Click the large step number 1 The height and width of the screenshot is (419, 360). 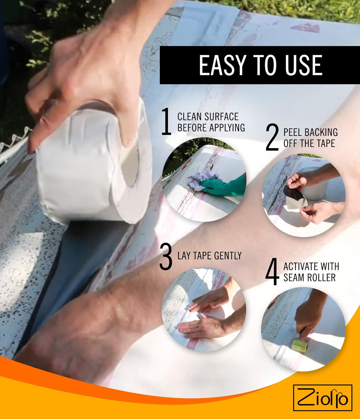[167, 122]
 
